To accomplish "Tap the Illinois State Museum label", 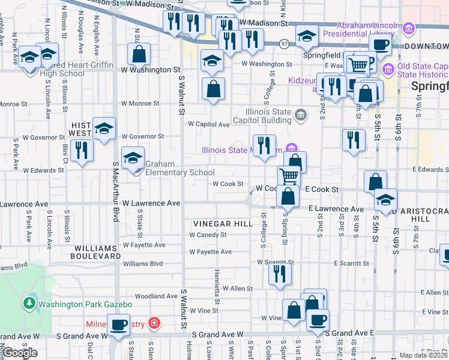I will tap(242, 150).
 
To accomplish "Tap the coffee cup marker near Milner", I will tap(119, 326).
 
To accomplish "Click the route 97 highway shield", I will tap(285, 43).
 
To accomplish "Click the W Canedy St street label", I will tap(208, 235).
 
